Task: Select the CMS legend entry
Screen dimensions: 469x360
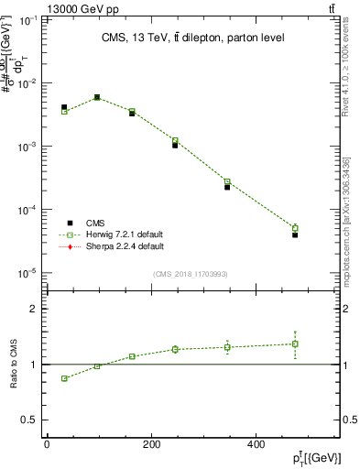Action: tap(95, 223)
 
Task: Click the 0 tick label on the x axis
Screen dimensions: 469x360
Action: tap(47, 445)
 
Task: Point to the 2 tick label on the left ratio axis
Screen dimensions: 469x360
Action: tap(34, 309)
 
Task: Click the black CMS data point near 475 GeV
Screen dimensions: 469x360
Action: tap(295, 234)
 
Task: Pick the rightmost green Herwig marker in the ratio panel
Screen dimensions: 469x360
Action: tap(295, 344)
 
